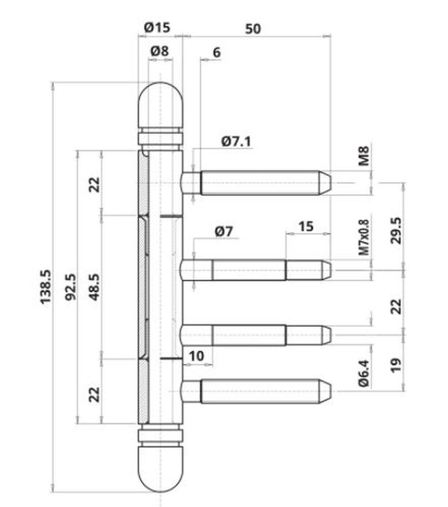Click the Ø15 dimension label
click(156, 28)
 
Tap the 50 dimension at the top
click(252, 28)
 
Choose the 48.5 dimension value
click(94, 286)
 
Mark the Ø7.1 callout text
click(236, 142)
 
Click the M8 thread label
click(364, 155)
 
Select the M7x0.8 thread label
click(363, 237)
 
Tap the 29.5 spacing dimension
click(396, 231)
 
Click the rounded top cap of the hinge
click(160, 101)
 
